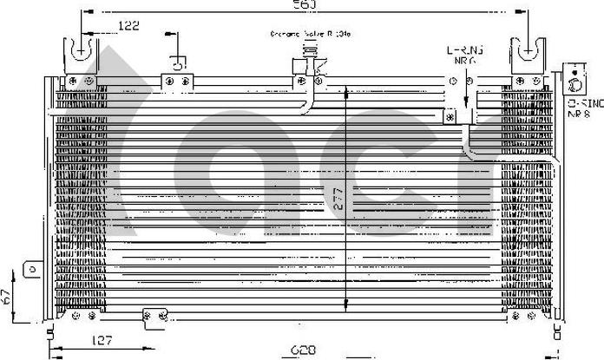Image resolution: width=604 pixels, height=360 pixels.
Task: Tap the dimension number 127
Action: tap(103, 340)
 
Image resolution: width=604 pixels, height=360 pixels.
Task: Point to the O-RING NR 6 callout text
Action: tap(464, 56)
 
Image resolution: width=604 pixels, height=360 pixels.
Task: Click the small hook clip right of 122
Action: tap(177, 61)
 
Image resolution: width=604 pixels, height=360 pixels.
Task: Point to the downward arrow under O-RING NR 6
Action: tap(467, 97)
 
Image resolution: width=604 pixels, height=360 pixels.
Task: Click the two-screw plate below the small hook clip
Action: tap(177, 82)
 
